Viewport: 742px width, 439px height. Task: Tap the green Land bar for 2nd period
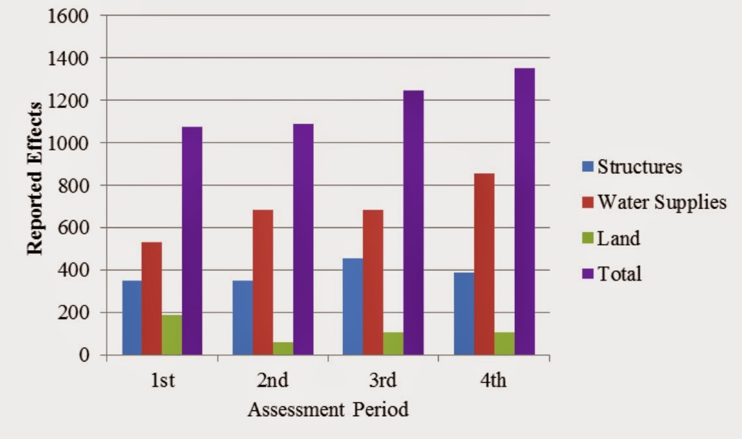pos(282,348)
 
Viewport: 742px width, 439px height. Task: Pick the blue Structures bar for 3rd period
pos(353,306)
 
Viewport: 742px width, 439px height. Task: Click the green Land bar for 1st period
pos(172,335)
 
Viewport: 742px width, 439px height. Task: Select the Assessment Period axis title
pos(328,410)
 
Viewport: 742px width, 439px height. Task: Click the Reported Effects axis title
pos(35,178)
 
